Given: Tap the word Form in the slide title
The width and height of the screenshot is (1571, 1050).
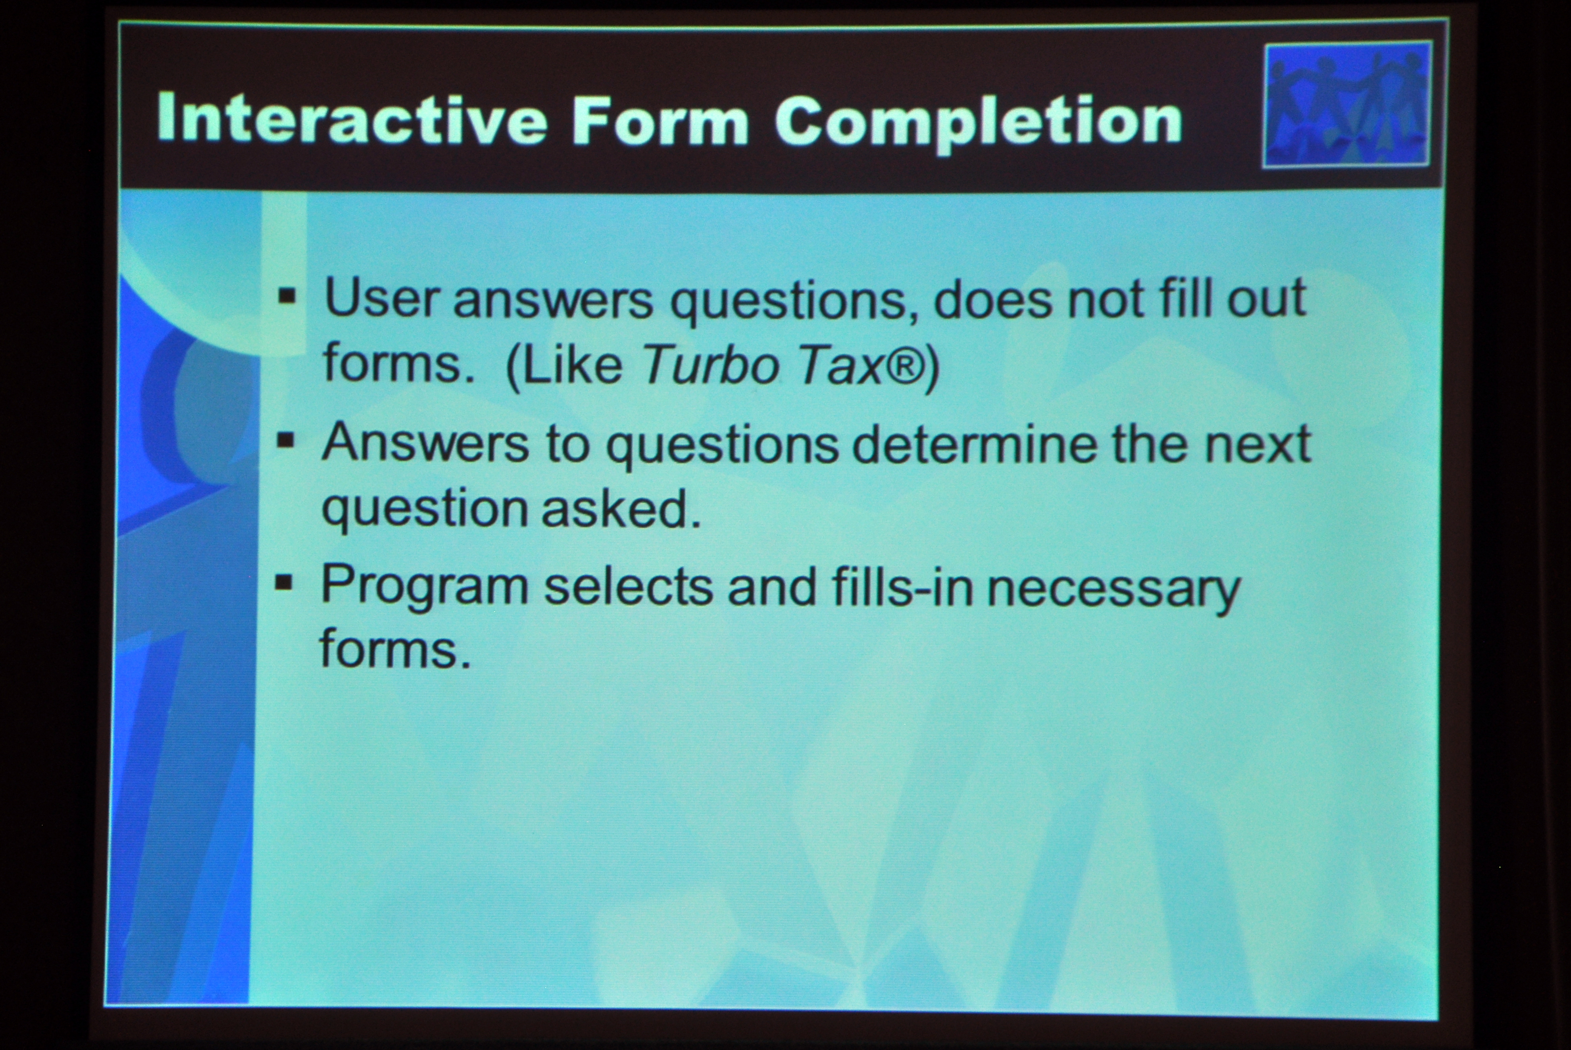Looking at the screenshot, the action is (660, 121).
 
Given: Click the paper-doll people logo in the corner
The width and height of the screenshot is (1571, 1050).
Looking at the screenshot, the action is (1347, 105).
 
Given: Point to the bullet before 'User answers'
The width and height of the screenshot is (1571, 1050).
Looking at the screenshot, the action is (287, 295).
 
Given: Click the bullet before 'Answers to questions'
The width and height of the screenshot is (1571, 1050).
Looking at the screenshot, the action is (286, 440).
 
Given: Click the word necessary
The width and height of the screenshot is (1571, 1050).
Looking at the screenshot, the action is (1113, 590).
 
